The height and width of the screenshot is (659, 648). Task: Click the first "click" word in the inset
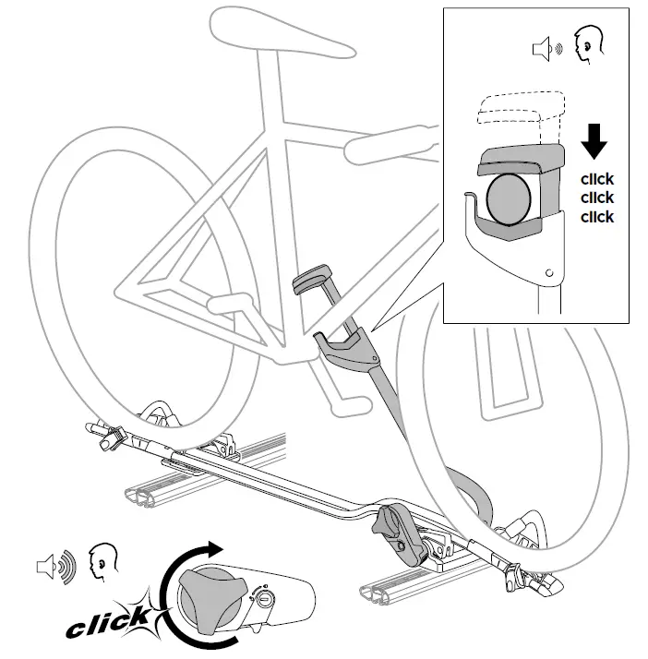click(595, 179)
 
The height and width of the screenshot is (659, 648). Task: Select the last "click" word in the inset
click(595, 217)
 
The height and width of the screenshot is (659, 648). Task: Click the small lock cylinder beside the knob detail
click(264, 599)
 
